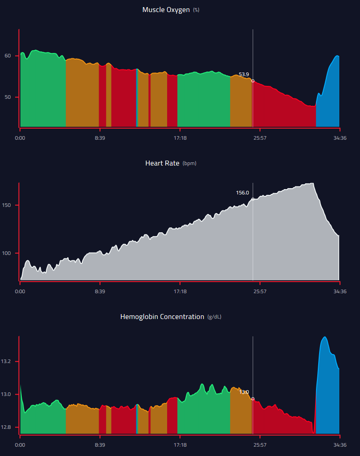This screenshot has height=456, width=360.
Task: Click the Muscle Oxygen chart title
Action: click(167, 9)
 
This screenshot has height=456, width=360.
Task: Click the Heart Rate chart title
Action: click(162, 163)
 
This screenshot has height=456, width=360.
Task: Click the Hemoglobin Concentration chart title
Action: click(162, 317)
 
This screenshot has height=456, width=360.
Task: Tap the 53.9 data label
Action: click(244, 74)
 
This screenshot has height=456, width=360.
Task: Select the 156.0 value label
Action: click(242, 193)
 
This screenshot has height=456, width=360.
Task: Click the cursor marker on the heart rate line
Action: click(253, 199)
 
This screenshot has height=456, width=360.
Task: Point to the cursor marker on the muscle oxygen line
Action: click(253, 81)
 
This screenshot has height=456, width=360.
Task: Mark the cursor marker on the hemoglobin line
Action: click(253, 399)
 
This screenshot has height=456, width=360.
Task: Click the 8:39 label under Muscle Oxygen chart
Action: click(100, 138)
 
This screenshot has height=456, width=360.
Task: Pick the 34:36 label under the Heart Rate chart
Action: click(340, 292)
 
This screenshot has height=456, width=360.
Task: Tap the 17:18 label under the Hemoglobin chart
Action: click(180, 444)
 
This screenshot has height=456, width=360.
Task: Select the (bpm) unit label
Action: click(189, 164)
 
